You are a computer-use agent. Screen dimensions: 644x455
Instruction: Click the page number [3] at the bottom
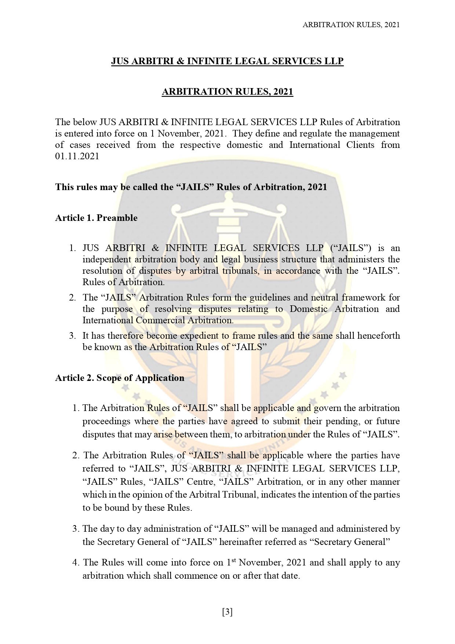coord(227,612)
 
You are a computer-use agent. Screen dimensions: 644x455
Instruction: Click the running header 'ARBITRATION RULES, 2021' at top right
coord(351,25)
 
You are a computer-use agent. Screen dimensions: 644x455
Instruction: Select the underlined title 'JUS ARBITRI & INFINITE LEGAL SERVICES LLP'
coord(227,61)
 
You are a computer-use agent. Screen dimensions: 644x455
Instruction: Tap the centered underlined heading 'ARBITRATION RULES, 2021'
coord(227,91)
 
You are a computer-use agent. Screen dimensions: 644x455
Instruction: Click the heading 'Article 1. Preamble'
coord(96,218)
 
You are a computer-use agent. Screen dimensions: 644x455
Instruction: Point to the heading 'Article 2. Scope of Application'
coord(120,378)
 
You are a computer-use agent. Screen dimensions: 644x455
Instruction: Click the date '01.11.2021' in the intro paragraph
coord(77,156)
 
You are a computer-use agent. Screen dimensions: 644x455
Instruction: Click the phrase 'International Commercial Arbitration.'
coord(158,320)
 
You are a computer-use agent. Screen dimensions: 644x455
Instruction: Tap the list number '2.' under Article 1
coord(72,298)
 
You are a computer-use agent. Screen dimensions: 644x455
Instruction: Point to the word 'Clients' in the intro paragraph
coord(360,145)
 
